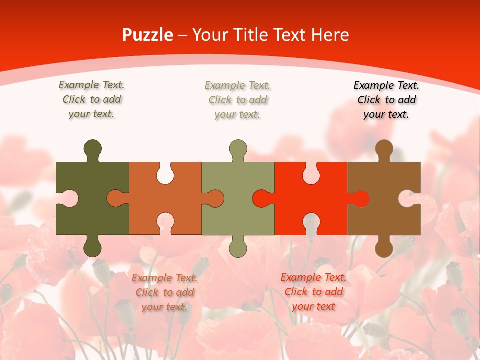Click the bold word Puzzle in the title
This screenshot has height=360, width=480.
coord(148,35)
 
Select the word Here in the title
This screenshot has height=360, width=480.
coord(330,35)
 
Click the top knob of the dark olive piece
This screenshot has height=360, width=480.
coord(92,149)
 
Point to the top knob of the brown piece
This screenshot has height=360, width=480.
coord(384,149)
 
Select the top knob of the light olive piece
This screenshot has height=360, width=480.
coord(238,149)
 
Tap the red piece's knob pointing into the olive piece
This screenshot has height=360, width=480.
coord(261,198)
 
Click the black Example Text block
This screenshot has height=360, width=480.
coord(386,100)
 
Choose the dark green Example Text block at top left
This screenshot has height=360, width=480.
coord(92,99)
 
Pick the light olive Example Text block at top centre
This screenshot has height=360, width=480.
coord(238,100)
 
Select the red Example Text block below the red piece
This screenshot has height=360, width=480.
coord(313,292)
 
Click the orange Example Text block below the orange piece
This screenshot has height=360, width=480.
coord(165,292)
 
